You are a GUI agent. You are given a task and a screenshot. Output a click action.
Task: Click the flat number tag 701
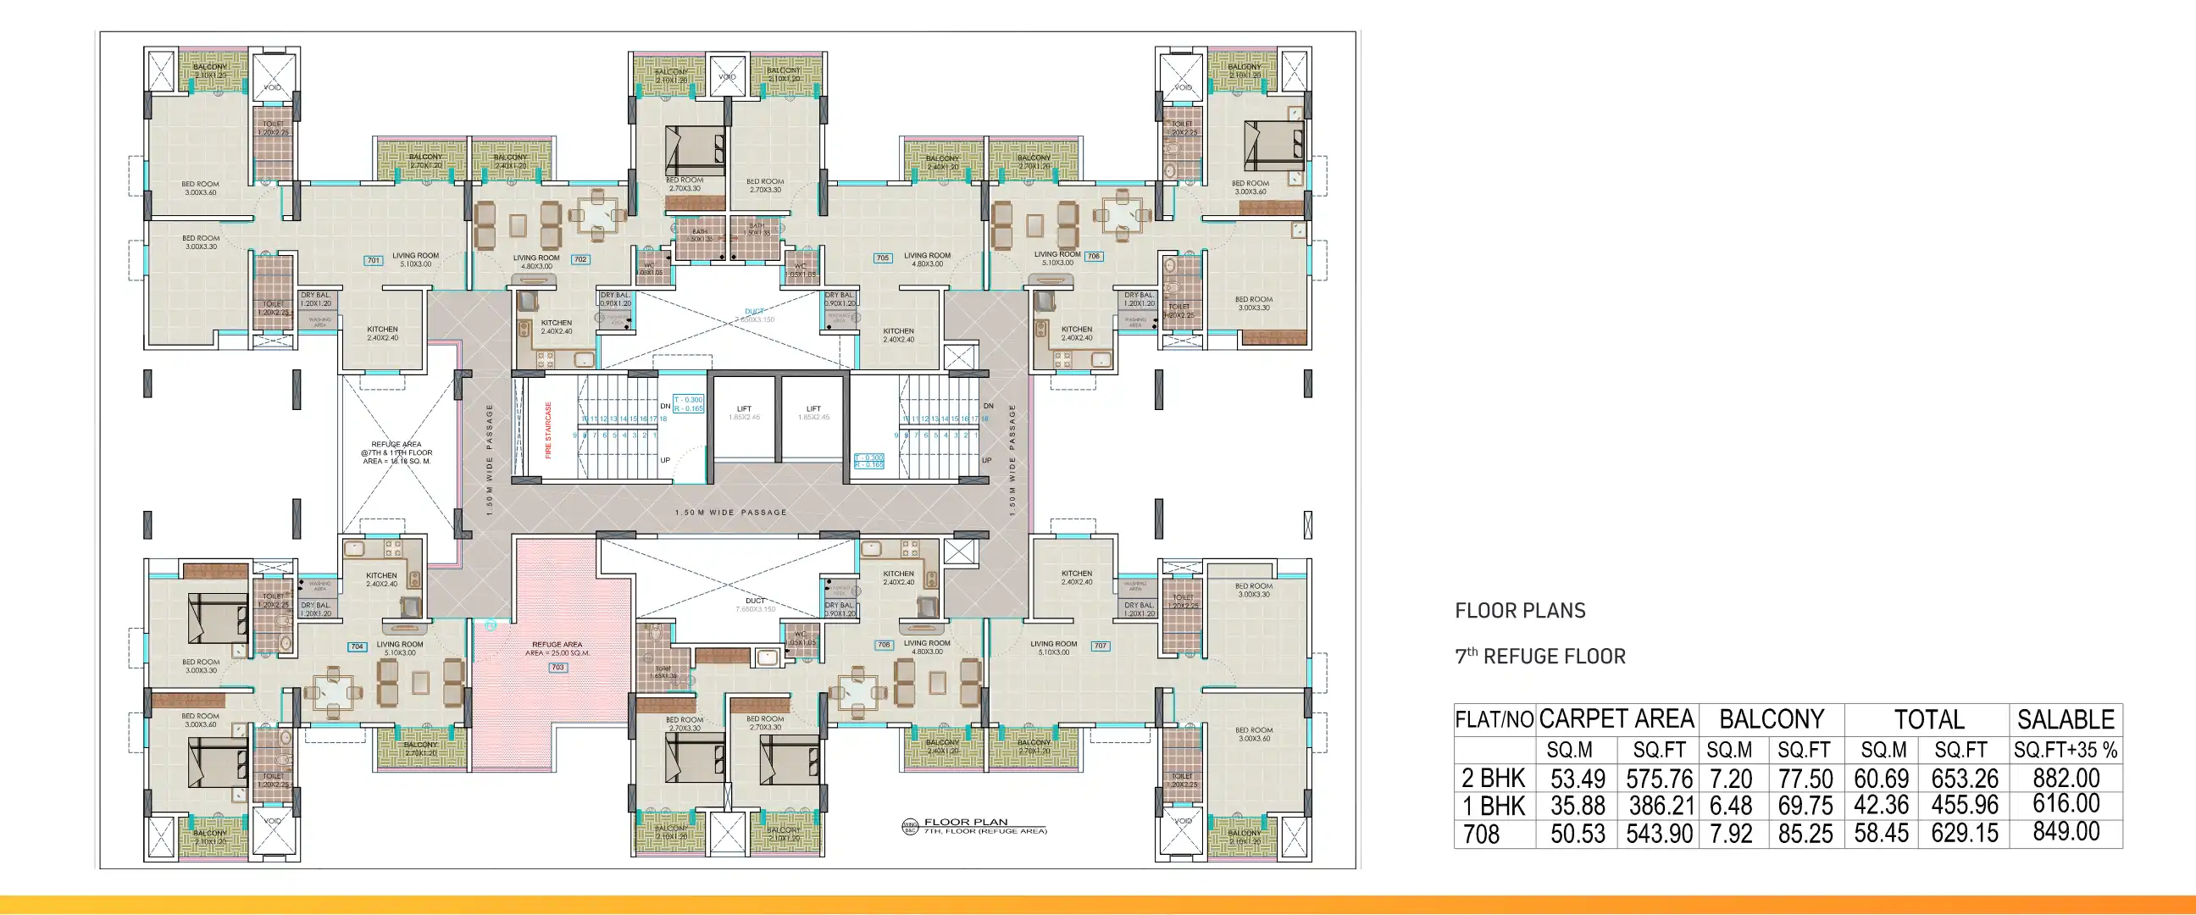click(x=374, y=260)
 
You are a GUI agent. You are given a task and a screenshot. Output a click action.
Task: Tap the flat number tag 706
click(x=1094, y=256)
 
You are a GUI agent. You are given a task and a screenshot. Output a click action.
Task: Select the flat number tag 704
click(x=358, y=646)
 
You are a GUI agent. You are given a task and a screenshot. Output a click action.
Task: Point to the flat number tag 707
click(x=1101, y=646)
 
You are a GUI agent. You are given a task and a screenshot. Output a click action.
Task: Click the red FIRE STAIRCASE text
click(x=548, y=430)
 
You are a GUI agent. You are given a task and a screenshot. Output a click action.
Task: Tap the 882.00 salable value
click(x=2066, y=778)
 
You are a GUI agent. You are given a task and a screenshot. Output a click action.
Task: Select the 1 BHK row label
click(x=1493, y=806)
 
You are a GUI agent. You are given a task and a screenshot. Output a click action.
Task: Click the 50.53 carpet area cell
click(x=1577, y=833)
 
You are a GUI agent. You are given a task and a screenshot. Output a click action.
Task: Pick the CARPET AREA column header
click(x=1616, y=718)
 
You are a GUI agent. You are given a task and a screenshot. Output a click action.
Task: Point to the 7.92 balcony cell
click(x=1731, y=833)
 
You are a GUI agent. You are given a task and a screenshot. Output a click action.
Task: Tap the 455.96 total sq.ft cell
click(x=1964, y=805)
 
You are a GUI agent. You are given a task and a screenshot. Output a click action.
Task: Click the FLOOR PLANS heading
click(x=1520, y=611)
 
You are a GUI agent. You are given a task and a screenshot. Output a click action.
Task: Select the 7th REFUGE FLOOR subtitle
click(x=1539, y=656)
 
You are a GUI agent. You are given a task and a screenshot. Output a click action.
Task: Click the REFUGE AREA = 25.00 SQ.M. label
click(x=557, y=649)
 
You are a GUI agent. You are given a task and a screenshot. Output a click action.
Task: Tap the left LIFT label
click(x=743, y=409)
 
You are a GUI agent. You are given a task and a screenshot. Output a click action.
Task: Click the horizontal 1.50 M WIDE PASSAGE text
click(x=730, y=513)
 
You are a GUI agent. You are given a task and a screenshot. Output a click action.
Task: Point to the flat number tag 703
click(x=557, y=668)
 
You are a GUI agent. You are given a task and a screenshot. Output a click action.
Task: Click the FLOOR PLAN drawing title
click(x=966, y=822)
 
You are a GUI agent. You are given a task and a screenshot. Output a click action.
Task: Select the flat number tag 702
click(x=580, y=259)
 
